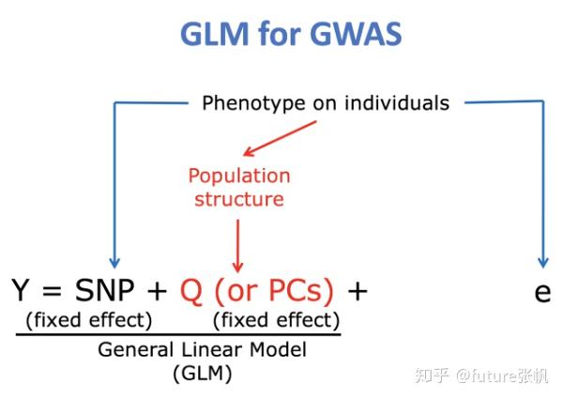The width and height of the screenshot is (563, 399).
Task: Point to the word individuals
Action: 386,102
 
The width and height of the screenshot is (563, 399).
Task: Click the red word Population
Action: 239,176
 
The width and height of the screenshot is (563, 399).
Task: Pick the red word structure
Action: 239,198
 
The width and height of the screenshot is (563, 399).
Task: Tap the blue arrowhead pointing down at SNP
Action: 114,262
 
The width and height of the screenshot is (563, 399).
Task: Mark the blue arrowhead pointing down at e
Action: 541,262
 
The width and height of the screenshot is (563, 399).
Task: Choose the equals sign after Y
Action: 53,292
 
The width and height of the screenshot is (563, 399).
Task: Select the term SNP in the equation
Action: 104,292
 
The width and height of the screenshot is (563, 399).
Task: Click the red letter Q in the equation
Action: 190,292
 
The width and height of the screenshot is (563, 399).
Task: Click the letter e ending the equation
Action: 541,293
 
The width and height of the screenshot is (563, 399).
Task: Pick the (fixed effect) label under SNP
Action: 88,320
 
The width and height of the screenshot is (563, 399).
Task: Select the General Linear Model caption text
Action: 203,349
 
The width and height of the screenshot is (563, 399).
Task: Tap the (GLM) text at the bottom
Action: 203,373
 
